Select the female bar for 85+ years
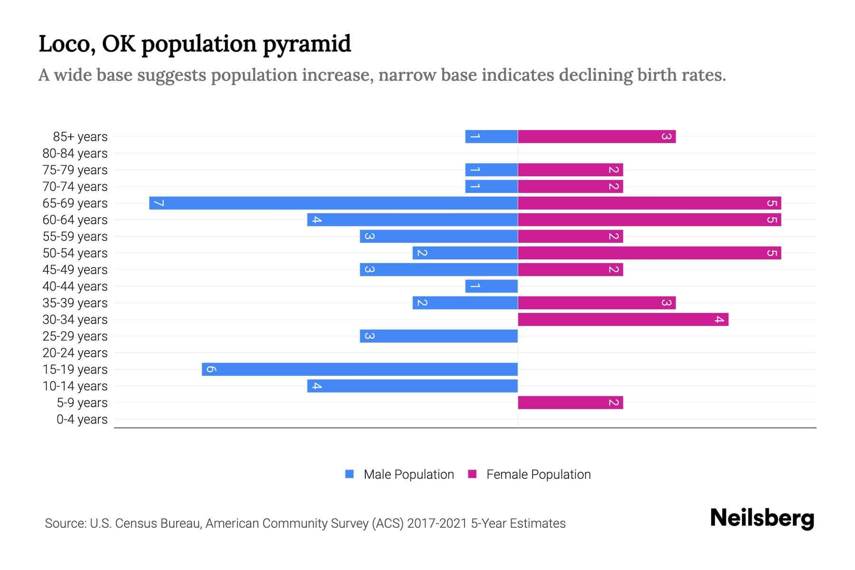[x=597, y=137]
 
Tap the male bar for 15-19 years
[x=360, y=370]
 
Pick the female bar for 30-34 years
[x=623, y=320]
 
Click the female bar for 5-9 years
[x=570, y=403]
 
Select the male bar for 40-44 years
[x=491, y=286]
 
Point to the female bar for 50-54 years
[x=649, y=253]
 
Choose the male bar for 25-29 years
[x=438, y=336]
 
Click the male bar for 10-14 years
[x=412, y=386]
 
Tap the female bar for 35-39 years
[x=597, y=303]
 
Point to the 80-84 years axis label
[x=75, y=153]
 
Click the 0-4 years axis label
[x=82, y=419]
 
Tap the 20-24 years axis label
[x=75, y=353]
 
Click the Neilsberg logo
[x=762, y=518]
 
